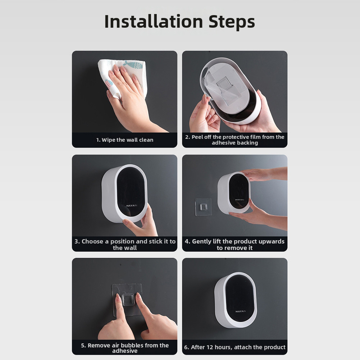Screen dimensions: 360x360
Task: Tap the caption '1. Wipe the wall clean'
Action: pyautogui.click(x=125, y=140)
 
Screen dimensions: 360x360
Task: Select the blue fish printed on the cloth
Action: pyautogui.click(x=133, y=64)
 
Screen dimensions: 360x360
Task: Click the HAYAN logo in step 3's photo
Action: pyautogui.click(x=132, y=205)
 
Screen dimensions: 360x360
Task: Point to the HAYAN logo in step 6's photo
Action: pyautogui.click(x=241, y=311)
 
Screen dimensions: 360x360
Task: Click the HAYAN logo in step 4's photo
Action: pyautogui.click(x=240, y=200)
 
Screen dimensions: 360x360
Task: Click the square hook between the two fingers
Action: pyautogui.click(x=128, y=300)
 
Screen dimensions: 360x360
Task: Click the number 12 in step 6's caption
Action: pyautogui.click(x=210, y=347)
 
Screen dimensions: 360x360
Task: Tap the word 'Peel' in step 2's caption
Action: pyautogui.click(x=197, y=137)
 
